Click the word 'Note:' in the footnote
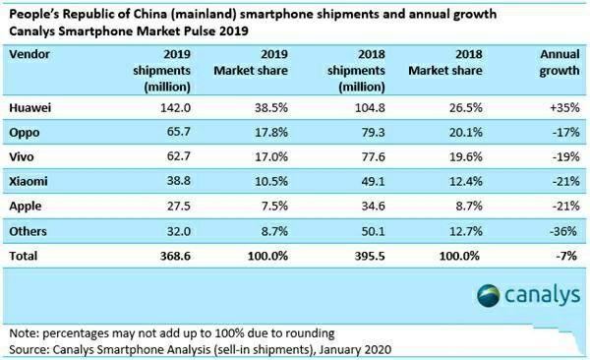[x=22, y=332]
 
